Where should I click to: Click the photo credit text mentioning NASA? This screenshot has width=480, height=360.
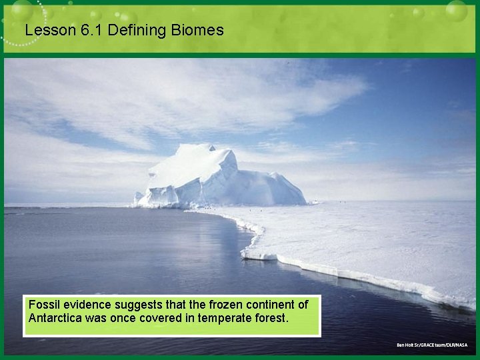tap(432, 345)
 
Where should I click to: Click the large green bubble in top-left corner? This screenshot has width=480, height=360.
tap(21, 9)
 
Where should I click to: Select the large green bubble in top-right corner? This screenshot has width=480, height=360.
tap(457, 10)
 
